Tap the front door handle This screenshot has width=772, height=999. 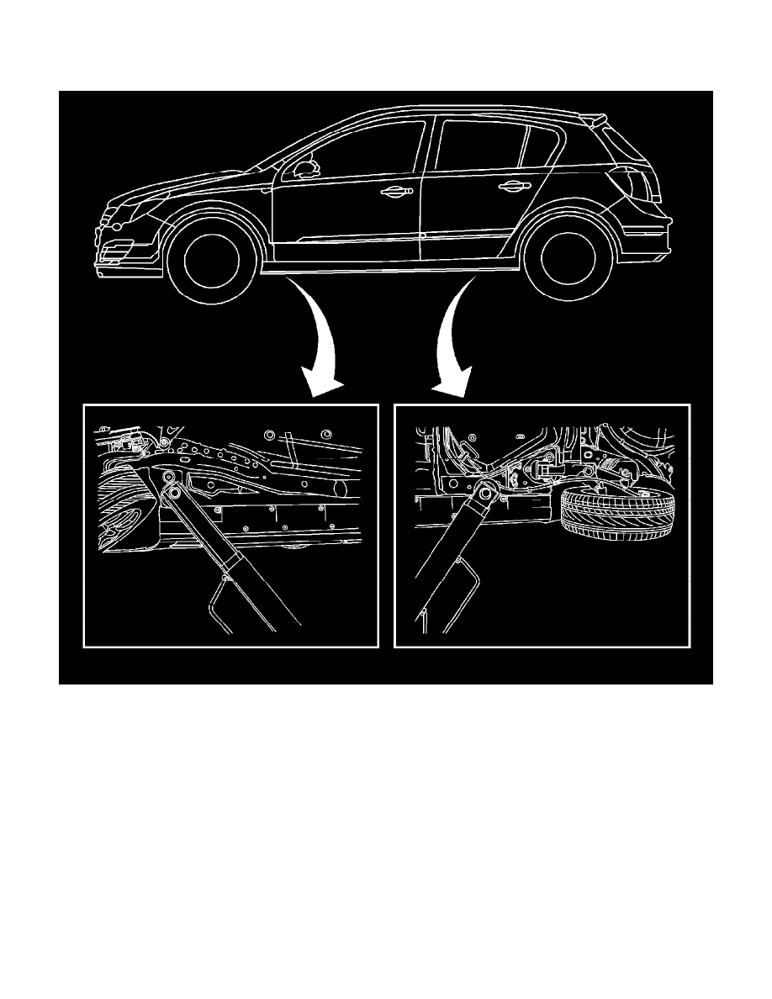[394, 192]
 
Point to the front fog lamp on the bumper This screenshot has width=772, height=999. [114, 250]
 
